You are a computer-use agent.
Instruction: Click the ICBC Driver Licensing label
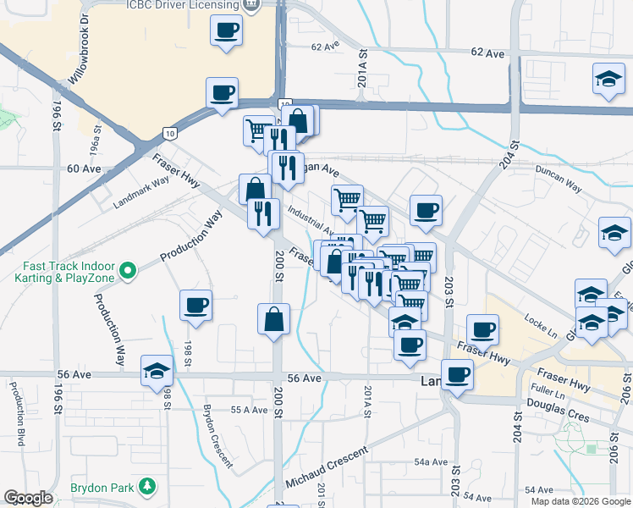(x=182, y=5)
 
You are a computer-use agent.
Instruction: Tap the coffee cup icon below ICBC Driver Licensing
(x=227, y=32)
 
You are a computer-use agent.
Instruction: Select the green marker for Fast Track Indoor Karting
(x=128, y=270)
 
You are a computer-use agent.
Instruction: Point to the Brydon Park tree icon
(x=148, y=486)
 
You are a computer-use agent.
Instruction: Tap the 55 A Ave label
(x=250, y=410)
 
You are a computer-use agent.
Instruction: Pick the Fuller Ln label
(x=548, y=392)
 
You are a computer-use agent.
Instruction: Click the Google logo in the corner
(x=28, y=498)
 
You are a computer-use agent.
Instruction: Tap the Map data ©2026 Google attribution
(x=581, y=501)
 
